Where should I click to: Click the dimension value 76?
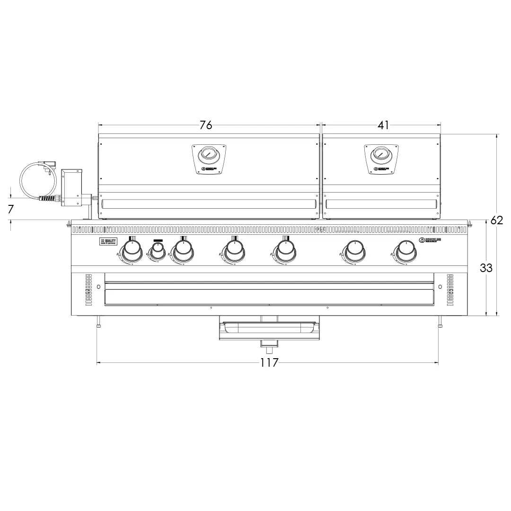coord(206,125)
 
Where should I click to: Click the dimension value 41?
coord(383,125)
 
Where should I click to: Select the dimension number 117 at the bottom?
coord(269,363)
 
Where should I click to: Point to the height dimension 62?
coord(496,220)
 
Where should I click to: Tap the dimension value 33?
coord(486,268)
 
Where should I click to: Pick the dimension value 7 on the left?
coord(11,209)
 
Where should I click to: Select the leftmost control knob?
coord(132,249)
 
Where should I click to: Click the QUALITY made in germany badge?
coord(108,241)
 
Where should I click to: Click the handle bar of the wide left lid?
coord(208,204)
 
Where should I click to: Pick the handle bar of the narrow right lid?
coord(381,204)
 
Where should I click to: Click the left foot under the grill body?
coord(98,322)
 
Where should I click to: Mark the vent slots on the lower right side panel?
coord(450,289)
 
